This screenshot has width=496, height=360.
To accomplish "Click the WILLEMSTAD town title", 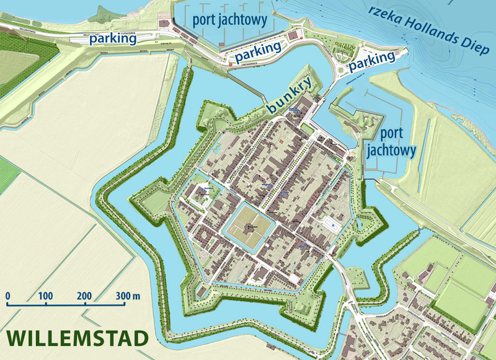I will coord(77,338).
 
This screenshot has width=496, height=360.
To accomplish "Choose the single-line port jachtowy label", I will coord(229,19).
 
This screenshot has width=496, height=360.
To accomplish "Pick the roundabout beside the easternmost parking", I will coord(343,69).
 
